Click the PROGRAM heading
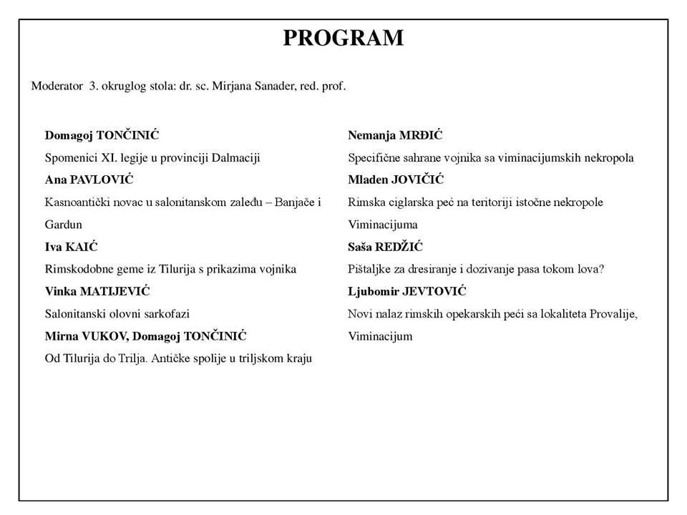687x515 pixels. click(x=343, y=37)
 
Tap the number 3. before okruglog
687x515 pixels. click(x=93, y=86)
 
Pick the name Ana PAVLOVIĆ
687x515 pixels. click(x=89, y=180)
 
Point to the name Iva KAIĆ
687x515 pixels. click(x=71, y=247)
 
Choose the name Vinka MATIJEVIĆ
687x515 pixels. click(x=97, y=291)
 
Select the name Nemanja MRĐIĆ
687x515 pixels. click(x=395, y=135)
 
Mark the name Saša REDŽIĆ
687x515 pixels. click(x=385, y=247)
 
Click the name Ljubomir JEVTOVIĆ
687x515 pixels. click(x=407, y=291)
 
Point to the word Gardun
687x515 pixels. click(x=63, y=225)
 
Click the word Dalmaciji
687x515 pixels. click(x=235, y=157)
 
